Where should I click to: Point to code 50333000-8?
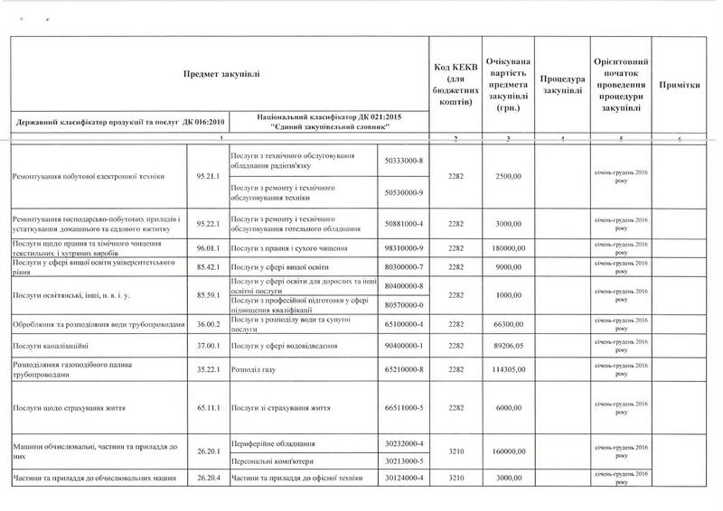[x=404, y=160]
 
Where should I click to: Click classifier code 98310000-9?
[x=404, y=247]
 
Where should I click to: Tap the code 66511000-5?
[x=404, y=408]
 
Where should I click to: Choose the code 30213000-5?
[x=404, y=461]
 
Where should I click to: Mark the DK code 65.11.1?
[x=208, y=408]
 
